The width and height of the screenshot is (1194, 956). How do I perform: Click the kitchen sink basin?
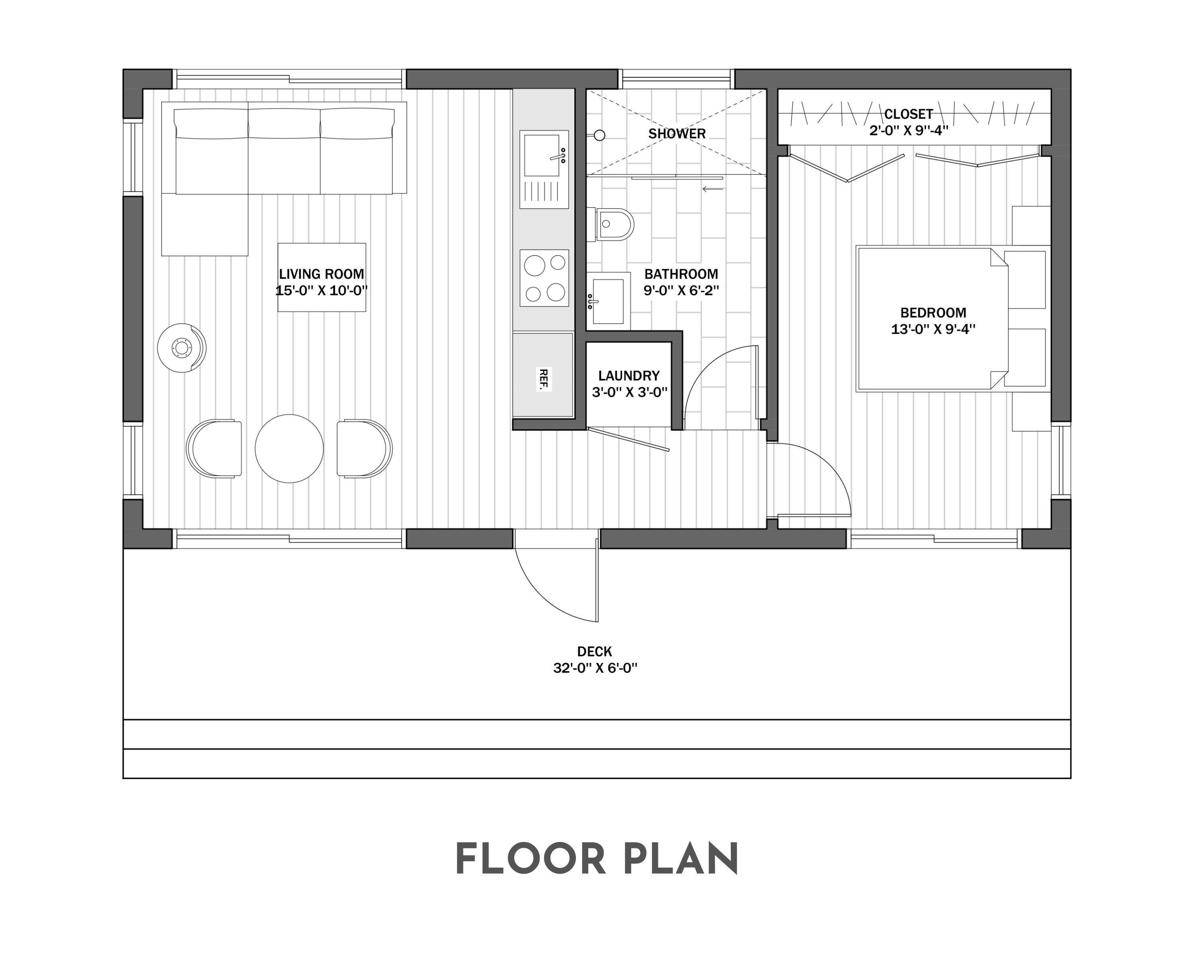[x=542, y=155]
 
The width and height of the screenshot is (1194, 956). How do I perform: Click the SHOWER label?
[x=677, y=133]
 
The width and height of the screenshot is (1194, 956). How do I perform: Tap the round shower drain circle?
[x=599, y=135]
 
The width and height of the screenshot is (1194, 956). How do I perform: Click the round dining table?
[x=289, y=449]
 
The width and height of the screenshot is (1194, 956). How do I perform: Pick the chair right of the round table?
[x=364, y=448]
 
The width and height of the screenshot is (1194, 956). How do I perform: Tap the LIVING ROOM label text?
[x=321, y=274]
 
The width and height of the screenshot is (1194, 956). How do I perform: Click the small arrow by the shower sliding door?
[x=713, y=189]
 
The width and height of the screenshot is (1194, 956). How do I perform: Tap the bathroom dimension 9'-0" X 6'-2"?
[x=681, y=290]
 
